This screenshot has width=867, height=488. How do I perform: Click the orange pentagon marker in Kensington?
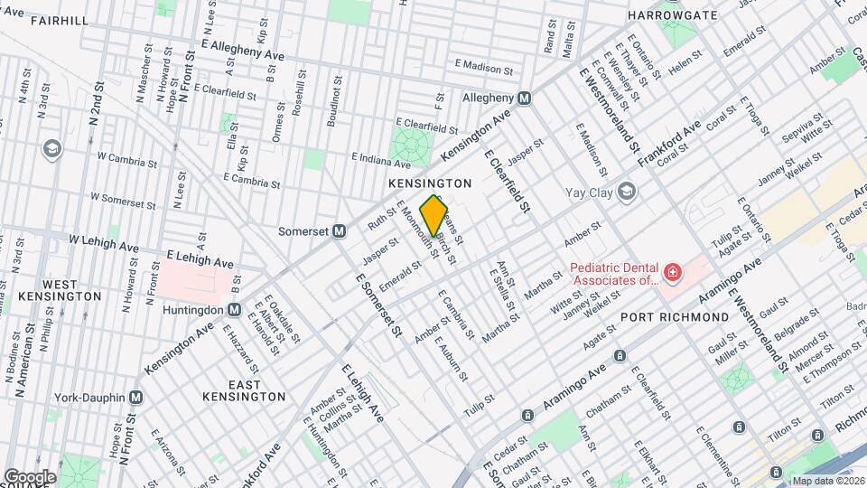click(x=434, y=216)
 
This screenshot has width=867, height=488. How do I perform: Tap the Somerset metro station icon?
click(x=340, y=230)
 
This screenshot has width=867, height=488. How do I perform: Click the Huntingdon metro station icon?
click(x=234, y=309)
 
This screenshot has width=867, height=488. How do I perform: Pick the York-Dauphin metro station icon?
click(x=136, y=397)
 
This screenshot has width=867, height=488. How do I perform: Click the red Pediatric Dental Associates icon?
click(x=672, y=272)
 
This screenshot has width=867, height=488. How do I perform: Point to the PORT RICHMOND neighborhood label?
click(x=674, y=317)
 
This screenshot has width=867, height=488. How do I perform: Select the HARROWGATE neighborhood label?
click(x=672, y=15)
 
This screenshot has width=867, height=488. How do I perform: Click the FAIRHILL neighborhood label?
click(x=33, y=20)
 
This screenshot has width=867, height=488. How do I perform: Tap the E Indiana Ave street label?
click(x=381, y=161)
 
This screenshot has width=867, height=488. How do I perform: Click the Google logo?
click(x=30, y=476)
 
